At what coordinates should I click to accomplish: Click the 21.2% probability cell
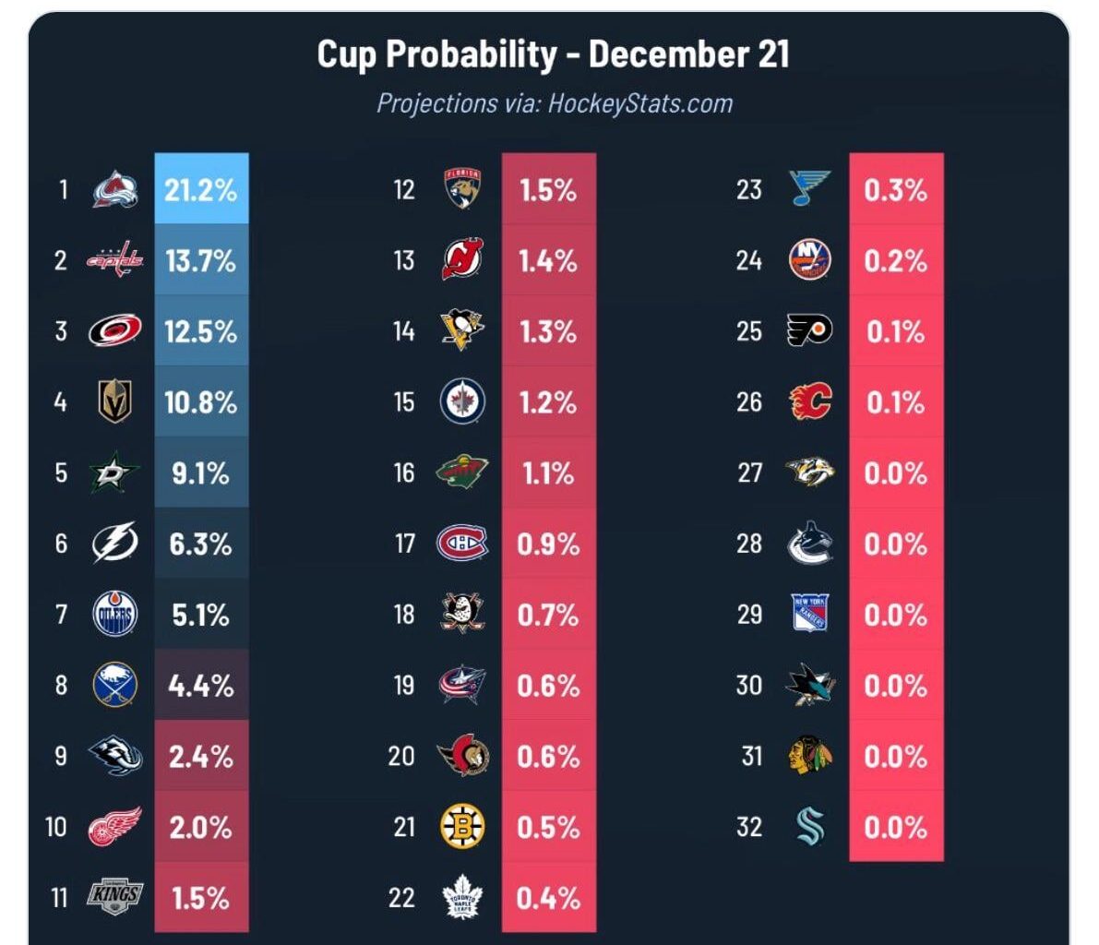point(201,190)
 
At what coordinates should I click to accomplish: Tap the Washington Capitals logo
point(115,260)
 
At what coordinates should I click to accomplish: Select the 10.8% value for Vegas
point(201,402)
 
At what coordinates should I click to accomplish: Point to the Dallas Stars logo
point(115,473)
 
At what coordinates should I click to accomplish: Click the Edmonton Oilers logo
point(115,616)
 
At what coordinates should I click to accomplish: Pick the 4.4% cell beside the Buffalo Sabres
point(201,686)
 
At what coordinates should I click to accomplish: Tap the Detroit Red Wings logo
point(115,827)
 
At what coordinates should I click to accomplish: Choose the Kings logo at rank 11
point(115,896)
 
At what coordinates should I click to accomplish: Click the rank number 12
point(403,190)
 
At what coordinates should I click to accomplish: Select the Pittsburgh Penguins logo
point(462,330)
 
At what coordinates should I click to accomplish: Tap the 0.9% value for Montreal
point(548,544)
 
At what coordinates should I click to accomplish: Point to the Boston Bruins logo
point(462,827)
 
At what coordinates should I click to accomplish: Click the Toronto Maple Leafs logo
point(462,897)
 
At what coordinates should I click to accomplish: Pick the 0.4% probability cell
point(548,898)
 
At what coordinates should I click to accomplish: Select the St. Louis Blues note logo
point(810,189)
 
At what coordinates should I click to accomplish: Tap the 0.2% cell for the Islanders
point(895,261)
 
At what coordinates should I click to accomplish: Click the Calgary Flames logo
point(810,402)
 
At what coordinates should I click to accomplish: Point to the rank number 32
point(749,827)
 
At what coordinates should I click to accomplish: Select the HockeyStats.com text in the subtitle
point(640,102)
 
